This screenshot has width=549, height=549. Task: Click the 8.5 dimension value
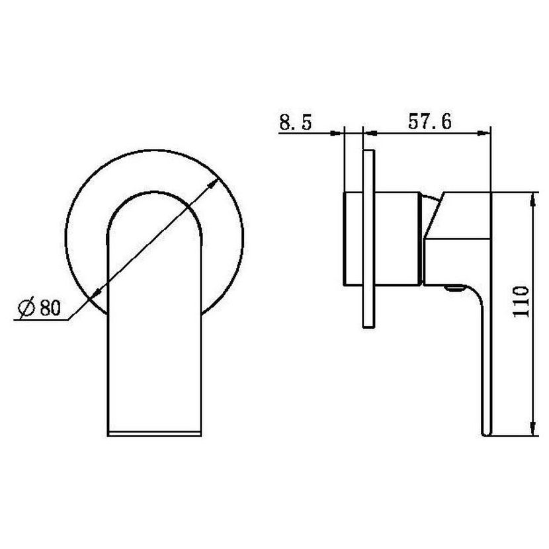295,122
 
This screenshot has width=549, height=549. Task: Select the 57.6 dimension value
429,122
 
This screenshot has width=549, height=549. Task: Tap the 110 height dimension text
521,302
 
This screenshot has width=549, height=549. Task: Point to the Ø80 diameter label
40,308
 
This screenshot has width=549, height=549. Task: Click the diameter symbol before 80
27,308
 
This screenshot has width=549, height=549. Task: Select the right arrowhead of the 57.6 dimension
484,133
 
